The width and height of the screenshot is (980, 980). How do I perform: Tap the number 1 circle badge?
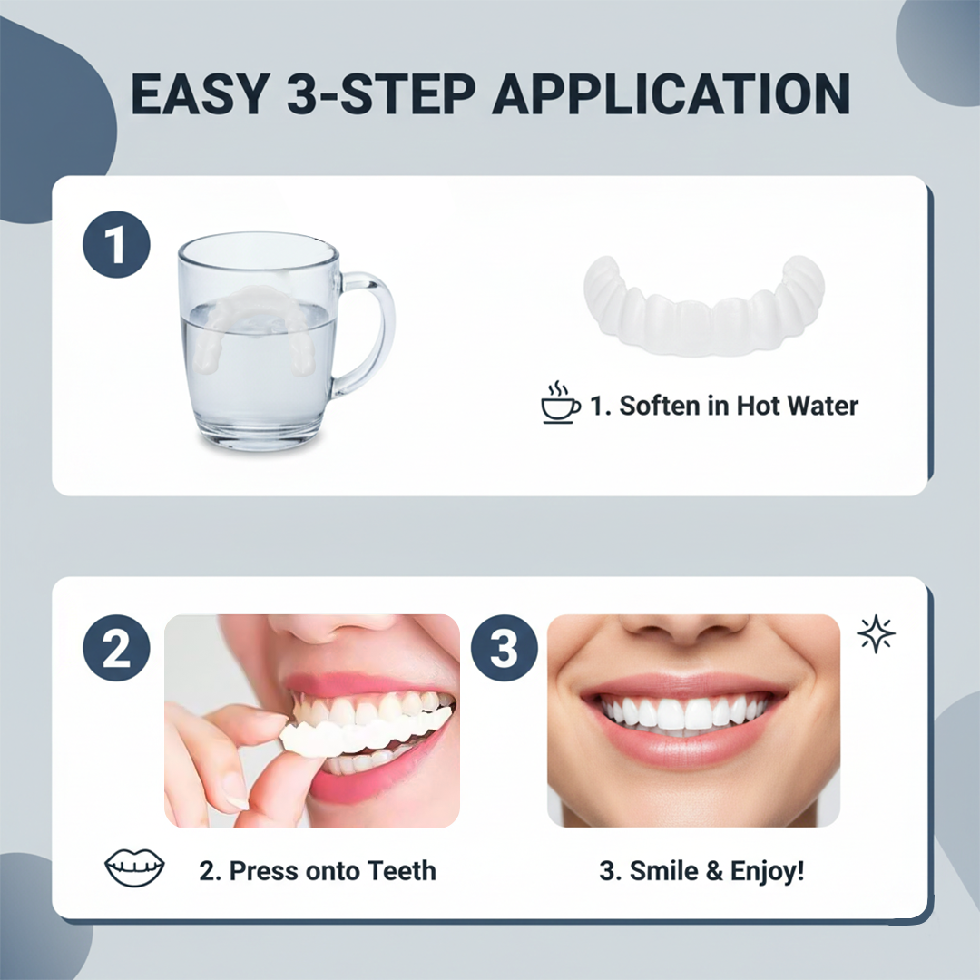115,244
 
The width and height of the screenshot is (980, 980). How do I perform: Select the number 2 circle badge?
115,648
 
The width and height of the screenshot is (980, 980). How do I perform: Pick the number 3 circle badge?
505,648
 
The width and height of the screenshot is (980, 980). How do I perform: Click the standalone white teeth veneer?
703,304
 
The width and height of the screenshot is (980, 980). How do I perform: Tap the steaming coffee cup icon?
561,405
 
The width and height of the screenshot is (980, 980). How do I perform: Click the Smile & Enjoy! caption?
701,871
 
